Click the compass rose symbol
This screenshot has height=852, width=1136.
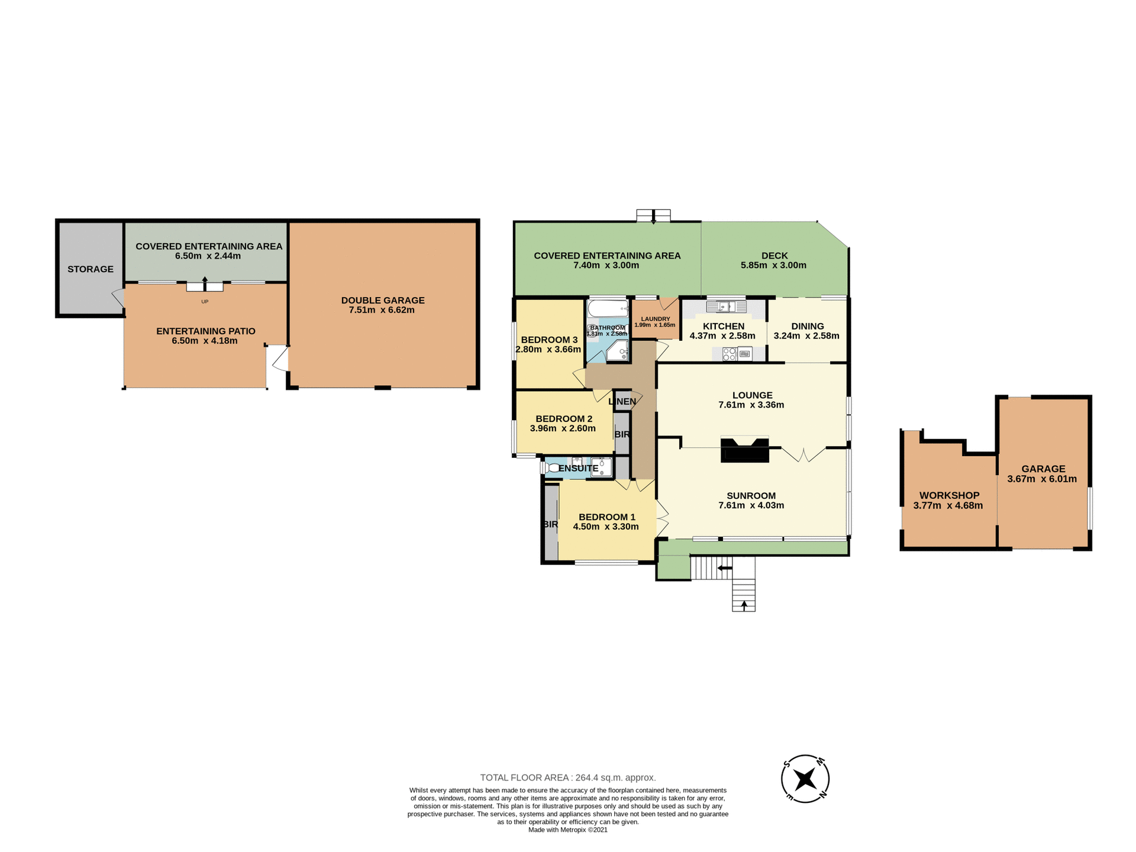click(x=805, y=779)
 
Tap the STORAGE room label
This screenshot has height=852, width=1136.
click(x=90, y=269)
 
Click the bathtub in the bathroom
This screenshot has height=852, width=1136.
click(x=608, y=308)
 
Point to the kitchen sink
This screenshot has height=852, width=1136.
click(x=727, y=306)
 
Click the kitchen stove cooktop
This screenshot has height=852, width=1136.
click(x=730, y=354)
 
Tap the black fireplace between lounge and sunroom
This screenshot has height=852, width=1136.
click(x=744, y=450)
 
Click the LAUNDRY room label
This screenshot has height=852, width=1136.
click(x=655, y=319)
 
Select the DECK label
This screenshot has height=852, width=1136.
click(x=774, y=256)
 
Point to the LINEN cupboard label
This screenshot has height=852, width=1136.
click(x=622, y=402)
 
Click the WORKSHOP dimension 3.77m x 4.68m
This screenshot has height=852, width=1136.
click(x=948, y=505)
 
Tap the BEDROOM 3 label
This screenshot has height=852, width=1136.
click(x=549, y=340)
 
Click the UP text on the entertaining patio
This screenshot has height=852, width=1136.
click(x=205, y=302)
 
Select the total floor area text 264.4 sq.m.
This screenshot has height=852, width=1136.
click(x=567, y=777)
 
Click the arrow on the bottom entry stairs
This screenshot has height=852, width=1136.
click(x=744, y=605)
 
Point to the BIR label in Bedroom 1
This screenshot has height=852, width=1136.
click(x=550, y=524)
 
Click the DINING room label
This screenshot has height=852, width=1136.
click(x=807, y=326)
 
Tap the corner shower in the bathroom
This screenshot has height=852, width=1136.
click(x=619, y=350)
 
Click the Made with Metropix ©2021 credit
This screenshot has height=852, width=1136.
click(x=567, y=830)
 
